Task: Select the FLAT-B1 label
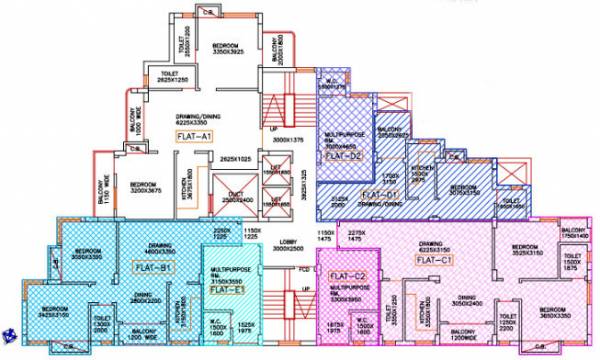click(x=152, y=267)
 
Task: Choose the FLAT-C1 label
click(x=435, y=262)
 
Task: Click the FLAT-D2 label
click(x=346, y=156)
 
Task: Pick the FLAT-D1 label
click(x=380, y=193)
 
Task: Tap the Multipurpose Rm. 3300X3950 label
click(x=351, y=293)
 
